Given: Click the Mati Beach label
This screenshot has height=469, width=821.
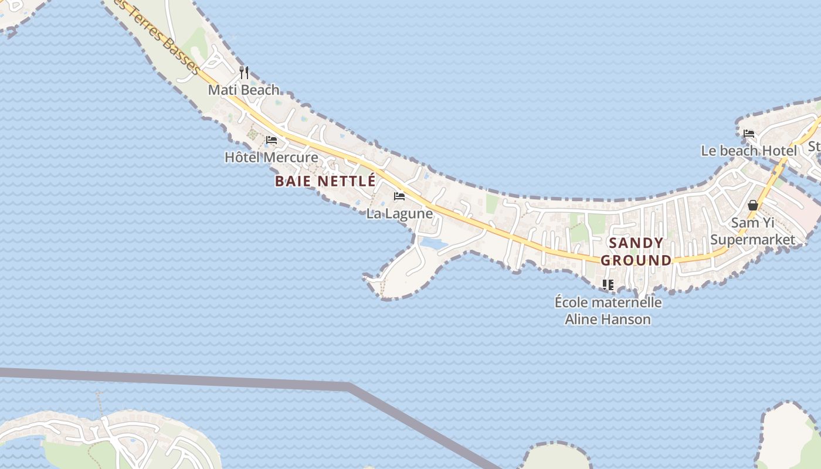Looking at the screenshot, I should pos(244,90).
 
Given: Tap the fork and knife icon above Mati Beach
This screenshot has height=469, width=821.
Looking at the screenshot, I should pos(244,73).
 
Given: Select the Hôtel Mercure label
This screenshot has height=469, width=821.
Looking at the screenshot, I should pos(272,157).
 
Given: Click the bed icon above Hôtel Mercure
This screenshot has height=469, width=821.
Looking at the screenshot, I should pos(271,140).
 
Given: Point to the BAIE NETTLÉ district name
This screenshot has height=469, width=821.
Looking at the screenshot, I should pos(325,182).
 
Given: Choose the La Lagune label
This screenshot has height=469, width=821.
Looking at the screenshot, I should pos(399,213).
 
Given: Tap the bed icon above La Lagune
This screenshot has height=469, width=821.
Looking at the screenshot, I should pos(399,196).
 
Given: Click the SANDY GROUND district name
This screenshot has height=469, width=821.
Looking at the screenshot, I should pos(636,252).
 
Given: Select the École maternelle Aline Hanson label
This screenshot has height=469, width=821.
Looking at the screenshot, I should pos(608,311).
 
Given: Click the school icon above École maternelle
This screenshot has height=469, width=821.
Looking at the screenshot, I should pos(608,285).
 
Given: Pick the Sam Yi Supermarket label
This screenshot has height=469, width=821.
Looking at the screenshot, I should pos(753,231).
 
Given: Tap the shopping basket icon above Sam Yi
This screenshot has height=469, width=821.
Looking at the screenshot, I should pos(753,205).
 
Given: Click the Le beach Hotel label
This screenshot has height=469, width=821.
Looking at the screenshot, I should pos(749,151).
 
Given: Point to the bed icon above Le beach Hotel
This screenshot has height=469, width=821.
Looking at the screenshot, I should pos(749,134).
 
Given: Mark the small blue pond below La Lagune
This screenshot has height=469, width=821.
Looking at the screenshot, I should pos(433,242).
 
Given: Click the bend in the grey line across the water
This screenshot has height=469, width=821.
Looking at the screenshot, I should pos(351,386).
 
